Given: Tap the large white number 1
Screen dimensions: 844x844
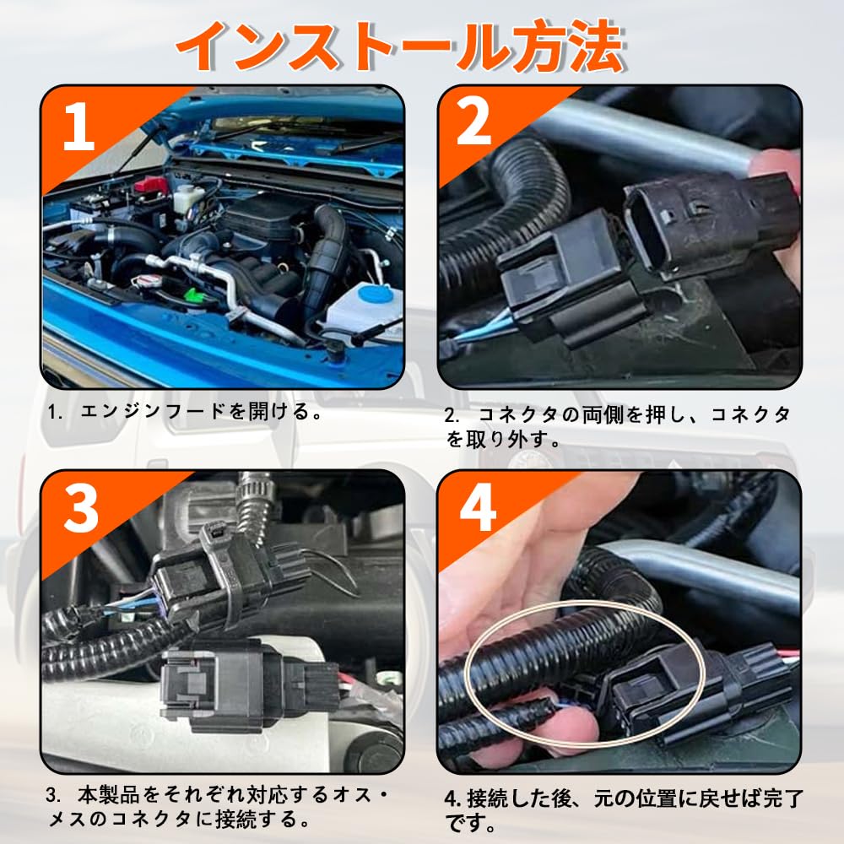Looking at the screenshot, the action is coord(78,127).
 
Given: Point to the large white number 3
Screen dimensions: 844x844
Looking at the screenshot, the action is coord(81,508).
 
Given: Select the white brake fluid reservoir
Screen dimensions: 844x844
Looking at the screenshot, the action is coord(188,198).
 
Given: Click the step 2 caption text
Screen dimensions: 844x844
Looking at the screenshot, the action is coord(618,427).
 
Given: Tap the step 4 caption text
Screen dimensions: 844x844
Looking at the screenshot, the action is coord(625,810).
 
